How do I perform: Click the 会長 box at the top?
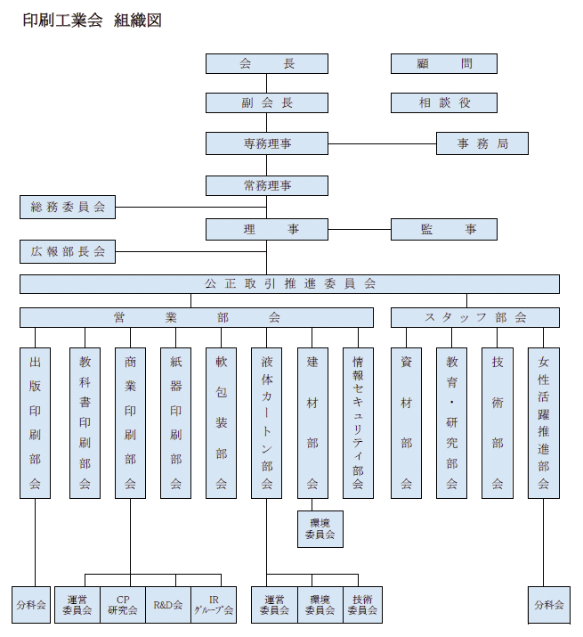266,63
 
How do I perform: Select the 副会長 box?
266,102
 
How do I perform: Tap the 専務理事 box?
266,143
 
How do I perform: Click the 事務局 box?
482,143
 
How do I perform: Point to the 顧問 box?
443,63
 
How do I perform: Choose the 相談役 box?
443,102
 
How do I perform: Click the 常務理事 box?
266,185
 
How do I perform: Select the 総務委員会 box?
68,208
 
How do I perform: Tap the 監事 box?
443,229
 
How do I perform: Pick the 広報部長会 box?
68,251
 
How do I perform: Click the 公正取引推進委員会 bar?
289,283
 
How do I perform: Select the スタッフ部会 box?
474,317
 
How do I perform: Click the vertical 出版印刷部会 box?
36,422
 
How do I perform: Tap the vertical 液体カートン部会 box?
266,422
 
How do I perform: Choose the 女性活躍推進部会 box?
543,422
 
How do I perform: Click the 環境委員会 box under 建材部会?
320,528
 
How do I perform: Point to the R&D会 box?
167,605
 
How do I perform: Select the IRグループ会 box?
214,605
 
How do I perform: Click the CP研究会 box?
122,605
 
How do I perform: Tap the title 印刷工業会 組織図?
92,20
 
